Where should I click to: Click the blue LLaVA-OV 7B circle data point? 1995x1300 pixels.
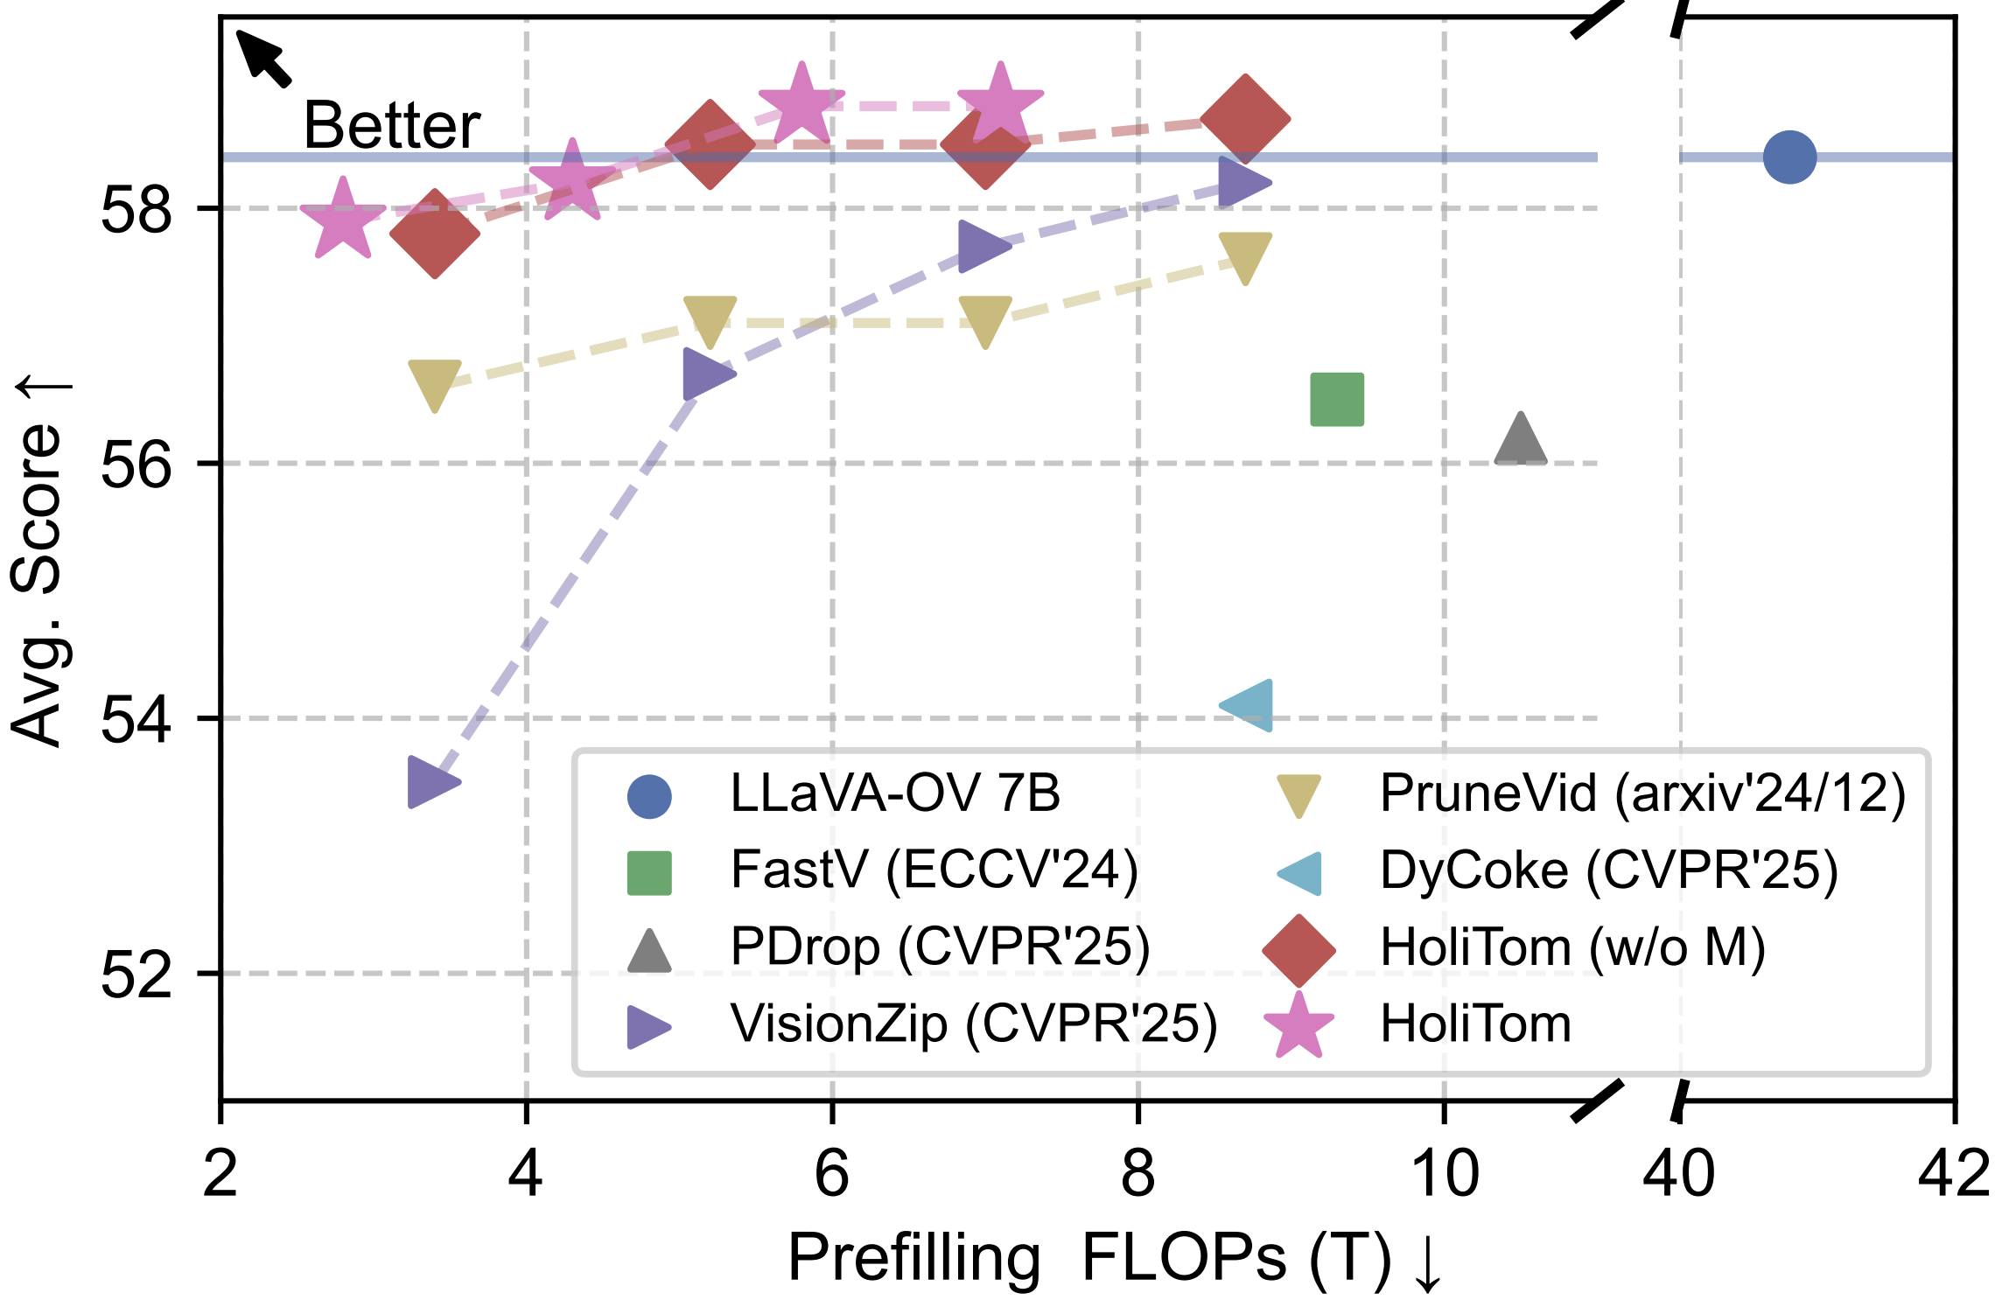pyautogui.click(x=1789, y=157)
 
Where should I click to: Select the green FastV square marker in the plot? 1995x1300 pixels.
pyautogui.click(x=1337, y=399)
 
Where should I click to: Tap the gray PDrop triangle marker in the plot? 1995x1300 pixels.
pyautogui.click(x=1521, y=441)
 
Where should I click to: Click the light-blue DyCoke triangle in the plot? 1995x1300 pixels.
pyautogui.click(x=1249, y=705)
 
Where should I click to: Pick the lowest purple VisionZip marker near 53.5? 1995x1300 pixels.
pyautogui.click(x=430, y=782)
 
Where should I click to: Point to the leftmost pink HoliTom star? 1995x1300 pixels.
pyautogui.click(x=343, y=219)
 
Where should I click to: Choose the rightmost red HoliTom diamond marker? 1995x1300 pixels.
pyautogui.click(x=1245, y=119)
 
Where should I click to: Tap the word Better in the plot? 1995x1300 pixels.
pyautogui.click(x=392, y=126)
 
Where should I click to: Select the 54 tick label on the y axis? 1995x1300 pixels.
pyautogui.click(x=136, y=720)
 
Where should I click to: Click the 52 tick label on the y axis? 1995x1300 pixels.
pyautogui.click(x=136, y=975)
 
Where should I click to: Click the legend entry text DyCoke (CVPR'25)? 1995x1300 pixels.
pyautogui.click(x=1608, y=870)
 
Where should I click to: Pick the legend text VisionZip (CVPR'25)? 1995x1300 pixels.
pyautogui.click(x=974, y=1024)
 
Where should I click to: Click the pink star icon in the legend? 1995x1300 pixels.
pyautogui.click(x=1299, y=1025)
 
